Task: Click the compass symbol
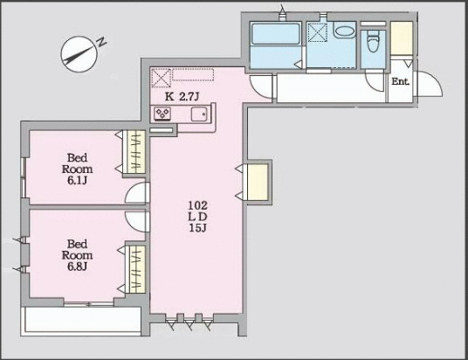coord(77,54)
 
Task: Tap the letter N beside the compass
coord(101,42)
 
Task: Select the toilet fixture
coord(373,42)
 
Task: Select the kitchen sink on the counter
coord(197,114)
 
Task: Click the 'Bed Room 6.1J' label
coord(77,168)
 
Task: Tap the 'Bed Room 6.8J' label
coord(77,254)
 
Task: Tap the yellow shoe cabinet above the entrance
coord(401,38)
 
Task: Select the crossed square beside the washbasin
coord(318,33)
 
